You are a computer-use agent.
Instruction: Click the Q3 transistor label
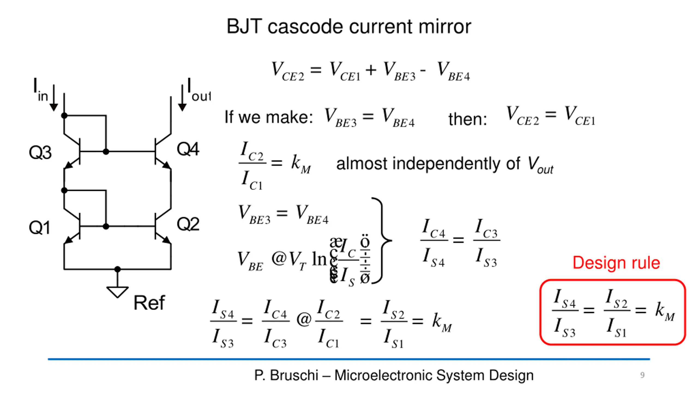pos(40,152)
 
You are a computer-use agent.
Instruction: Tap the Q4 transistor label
pos(188,149)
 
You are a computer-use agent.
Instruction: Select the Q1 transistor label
pos(40,227)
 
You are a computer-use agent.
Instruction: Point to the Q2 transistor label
pos(188,224)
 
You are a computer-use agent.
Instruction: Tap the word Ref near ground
pos(149,303)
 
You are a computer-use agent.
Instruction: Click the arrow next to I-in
pos(54,98)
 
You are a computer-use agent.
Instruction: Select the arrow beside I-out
pos(182,98)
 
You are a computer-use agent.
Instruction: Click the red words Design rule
pos(616,263)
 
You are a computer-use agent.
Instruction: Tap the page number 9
pos(642,375)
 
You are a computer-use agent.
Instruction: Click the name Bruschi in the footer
pos(294,375)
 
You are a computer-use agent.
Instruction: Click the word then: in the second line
pos(468,119)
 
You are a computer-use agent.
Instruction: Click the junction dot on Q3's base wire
pos(106,151)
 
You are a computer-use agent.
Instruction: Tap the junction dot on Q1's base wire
pos(106,226)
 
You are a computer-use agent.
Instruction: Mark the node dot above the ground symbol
pos(118,269)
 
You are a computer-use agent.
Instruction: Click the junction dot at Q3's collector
pos(64,116)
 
